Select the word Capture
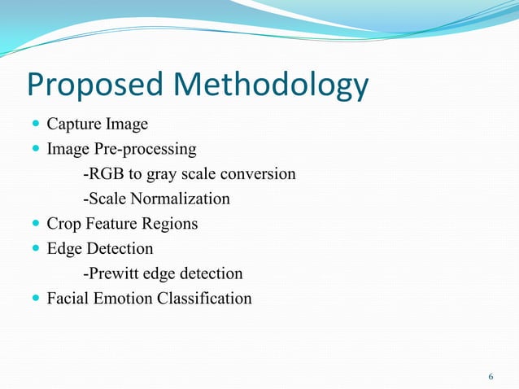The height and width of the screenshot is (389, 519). click(x=72, y=125)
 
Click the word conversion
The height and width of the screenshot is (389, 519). click(x=259, y=174)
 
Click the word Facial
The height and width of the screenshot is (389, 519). click(x=66, y=299)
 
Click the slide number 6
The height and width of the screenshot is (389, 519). click(x=491, y=377)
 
